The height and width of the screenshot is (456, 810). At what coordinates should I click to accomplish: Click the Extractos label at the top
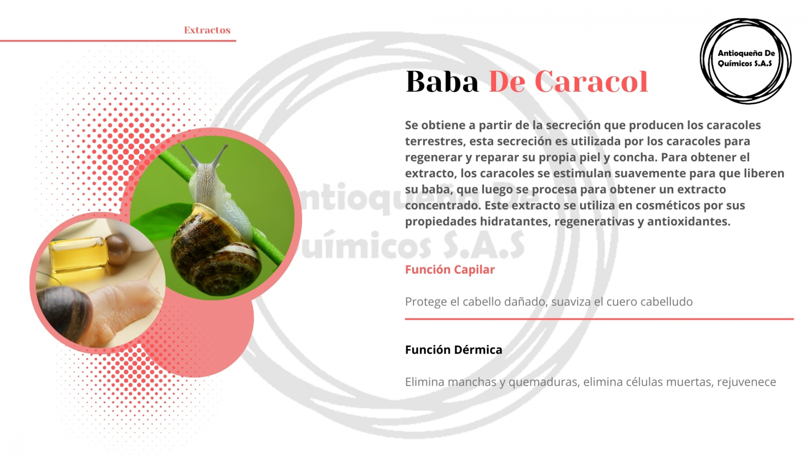(x=207, y=30)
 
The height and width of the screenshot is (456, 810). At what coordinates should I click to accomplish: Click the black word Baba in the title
(x=442, y=82)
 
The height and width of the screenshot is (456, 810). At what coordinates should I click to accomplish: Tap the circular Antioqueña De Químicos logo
(x=746, y=61)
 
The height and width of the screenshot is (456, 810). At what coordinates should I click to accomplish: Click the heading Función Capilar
(x=450, y=270)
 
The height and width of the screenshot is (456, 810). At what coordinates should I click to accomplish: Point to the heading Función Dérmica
(x=454, y=350)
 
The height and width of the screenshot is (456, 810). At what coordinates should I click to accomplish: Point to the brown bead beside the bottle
(x=118, y=249)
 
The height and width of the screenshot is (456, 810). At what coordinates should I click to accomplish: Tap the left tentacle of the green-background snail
(x=189, y=155)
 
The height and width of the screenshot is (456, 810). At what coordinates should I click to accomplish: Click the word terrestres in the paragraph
(x=434, y=141)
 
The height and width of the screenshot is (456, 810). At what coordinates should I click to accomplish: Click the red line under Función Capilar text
(x=599, y=319)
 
